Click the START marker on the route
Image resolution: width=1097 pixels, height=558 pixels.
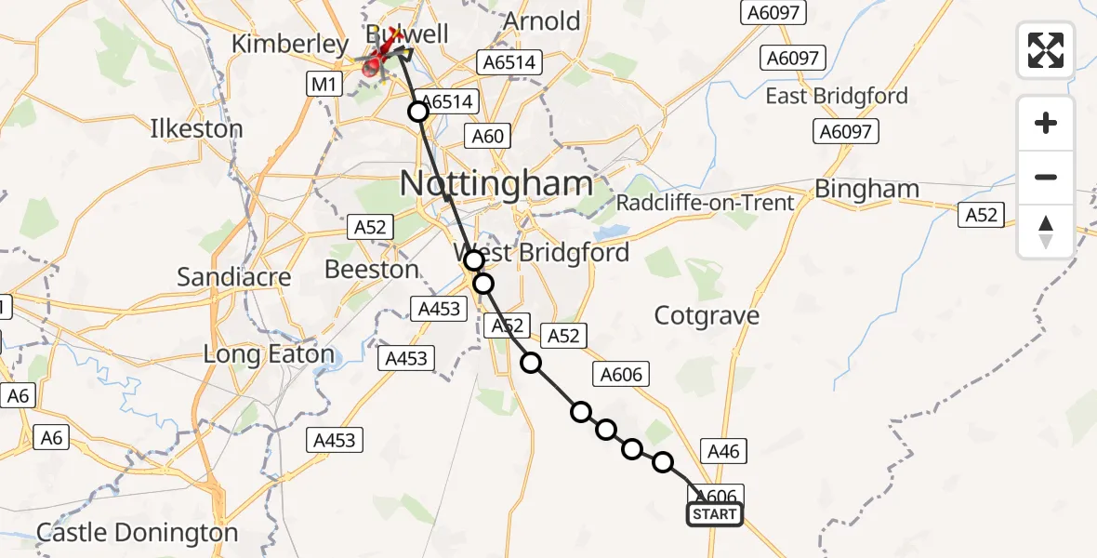[714, 514]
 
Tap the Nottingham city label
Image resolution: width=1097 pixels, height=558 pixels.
[496, 183]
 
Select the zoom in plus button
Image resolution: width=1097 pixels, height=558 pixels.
[1046, 123]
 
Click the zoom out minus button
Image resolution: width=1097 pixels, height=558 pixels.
[1046, 177]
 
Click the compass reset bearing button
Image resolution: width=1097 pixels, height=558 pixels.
[1046, 231]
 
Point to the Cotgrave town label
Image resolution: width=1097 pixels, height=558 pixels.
[707, 316]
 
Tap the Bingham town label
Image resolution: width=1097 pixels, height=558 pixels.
[866, 190]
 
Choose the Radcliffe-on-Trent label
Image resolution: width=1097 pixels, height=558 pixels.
[705, 203]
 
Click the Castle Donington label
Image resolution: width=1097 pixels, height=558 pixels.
[138, 533]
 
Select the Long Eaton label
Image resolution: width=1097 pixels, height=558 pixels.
[269, 354]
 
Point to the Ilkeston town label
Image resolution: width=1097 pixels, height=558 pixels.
[196, 128]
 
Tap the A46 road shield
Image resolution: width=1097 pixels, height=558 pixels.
[723, 451]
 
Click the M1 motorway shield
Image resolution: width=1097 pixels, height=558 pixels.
[323, 85]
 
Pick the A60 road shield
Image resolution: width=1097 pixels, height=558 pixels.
[487, 137]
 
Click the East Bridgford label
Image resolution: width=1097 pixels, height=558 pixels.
[836, 96]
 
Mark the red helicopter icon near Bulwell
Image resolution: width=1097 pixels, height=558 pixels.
[375, 65]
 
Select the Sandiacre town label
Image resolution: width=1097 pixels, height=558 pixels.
[233, 277]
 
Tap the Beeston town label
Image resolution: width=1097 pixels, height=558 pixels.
[372, 270]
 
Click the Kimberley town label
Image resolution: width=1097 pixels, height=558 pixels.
[289, 44]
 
